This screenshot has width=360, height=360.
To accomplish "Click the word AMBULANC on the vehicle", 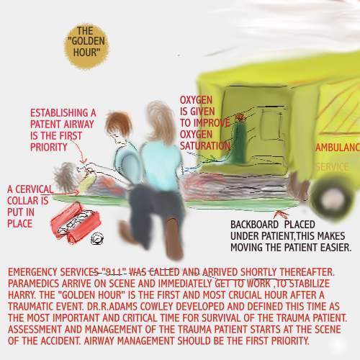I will pos(337,147).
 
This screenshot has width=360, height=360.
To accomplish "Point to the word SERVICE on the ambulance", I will pos(332,167).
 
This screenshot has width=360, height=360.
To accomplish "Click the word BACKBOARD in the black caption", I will pos(257,225).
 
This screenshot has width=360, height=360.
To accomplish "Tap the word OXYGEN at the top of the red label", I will pos(197,101).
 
